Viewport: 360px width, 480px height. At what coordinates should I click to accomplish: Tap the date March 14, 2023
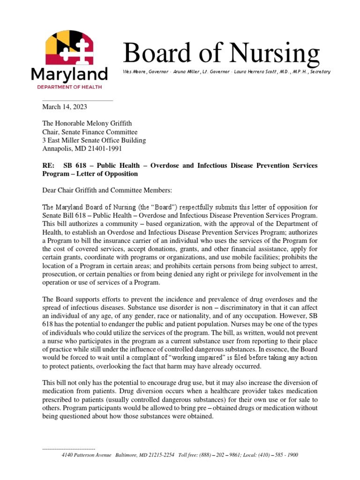[x=65, y=107]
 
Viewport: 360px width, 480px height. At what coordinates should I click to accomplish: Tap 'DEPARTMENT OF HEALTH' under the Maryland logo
[x=69, y=87]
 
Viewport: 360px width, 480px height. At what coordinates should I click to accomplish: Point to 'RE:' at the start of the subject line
[x=49, y=166]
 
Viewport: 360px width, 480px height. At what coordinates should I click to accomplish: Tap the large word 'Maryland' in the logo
[x=69, y=74]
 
